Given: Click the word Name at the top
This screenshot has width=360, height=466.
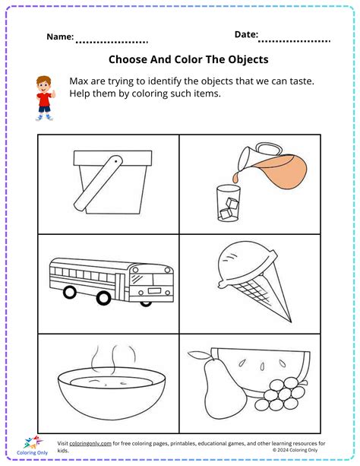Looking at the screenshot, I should pyautogui.click(x=60, y=36).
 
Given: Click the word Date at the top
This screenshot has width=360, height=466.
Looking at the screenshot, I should pyautogui.click(x=245, y=34).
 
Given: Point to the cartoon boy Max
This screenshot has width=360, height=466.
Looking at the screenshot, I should pyautogui.click(x=45, y=97).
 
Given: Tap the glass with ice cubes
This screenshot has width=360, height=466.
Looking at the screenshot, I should pyautogui.click(x=228, y=203).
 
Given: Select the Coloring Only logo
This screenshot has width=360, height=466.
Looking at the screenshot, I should pyautogui.click(x=30, y=447).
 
